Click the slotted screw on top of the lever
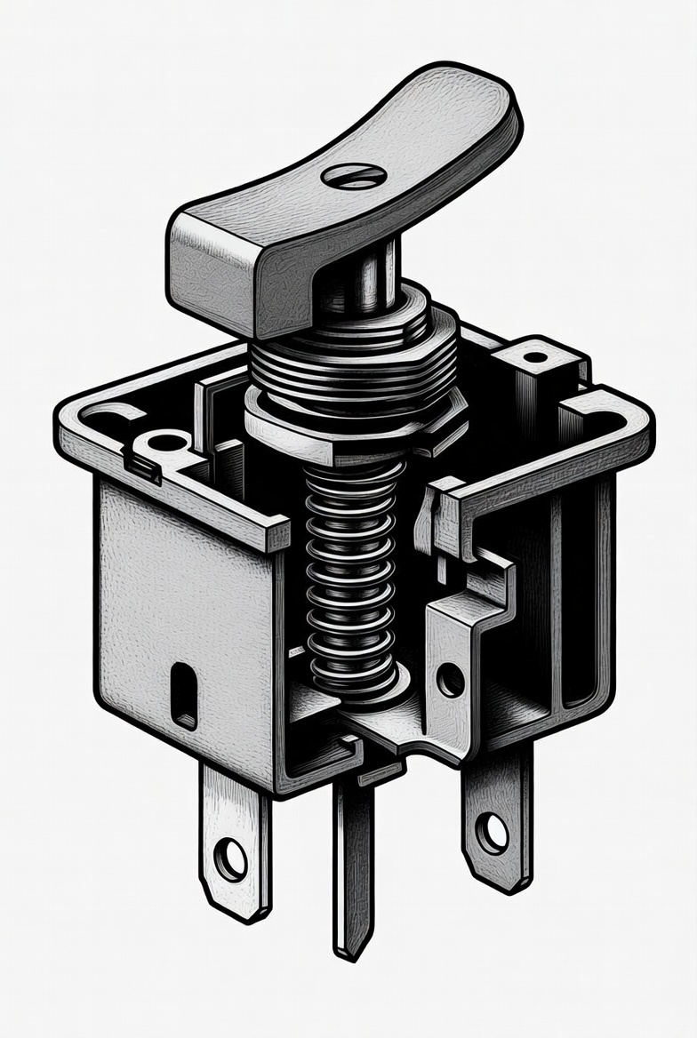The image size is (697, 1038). pyautogui.click(x=354, y=176)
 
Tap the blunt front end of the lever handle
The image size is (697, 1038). pyautogui.click(x=213, y=267)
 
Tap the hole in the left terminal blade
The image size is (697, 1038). pyautogui.click(x=231, y=859)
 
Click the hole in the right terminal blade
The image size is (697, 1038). pyautogui.click(x=492, y=833)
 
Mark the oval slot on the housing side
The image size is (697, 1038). pyautogui.click(x=184, y=695)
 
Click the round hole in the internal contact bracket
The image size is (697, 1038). pyautogui.click(x=450, y=680)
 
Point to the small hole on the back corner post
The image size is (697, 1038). pyautogui.click(x=535, y=357)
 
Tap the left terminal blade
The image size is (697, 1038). pyautogui.click(x=234, y=844)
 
